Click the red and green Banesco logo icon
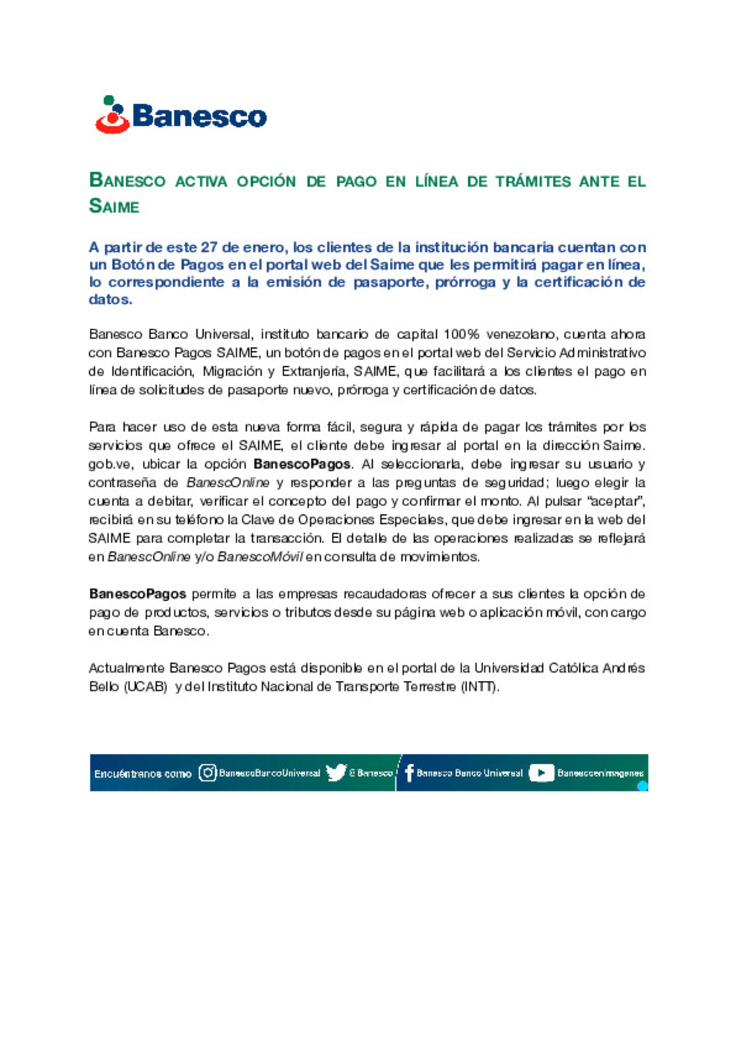click(x=112, y=115)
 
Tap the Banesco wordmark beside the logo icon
click(x=199, y=116)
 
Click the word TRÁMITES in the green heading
click(x=533, y=181)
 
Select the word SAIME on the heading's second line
click(x=114, y=206)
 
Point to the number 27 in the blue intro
click(x=209, y=248)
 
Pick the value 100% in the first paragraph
click(x=461, y=334)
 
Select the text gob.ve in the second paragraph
click(x=108, y=464)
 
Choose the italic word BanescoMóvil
click(x=260, y=557)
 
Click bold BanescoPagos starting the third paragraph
click(x=137, y=594)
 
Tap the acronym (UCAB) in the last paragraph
click(x=146, y=687)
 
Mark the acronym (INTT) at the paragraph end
click(x=480, y=687)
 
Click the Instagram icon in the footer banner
click(x=207, y=773)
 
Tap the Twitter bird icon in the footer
click(x=336, y=773)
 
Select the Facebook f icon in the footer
click(x=409, y=773)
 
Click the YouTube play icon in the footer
click(x=541, y=773)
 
